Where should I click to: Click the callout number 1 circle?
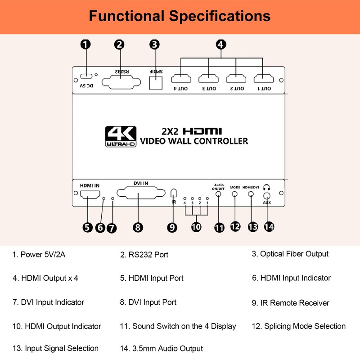[x=85, y=44]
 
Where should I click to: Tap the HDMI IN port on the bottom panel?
[x=90, y=195]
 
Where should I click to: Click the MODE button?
[x=235, y=194]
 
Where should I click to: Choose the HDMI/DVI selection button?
[x=251, y=194]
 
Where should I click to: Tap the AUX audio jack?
[x=267, y=196]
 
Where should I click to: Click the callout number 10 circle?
[x=196, y=227]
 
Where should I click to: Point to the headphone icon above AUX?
[x=267, y=187]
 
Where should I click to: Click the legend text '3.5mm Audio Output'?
[x=167, y=348]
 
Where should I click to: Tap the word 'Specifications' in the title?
[x=220, y=16]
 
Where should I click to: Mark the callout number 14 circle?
[x=269, y=227]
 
